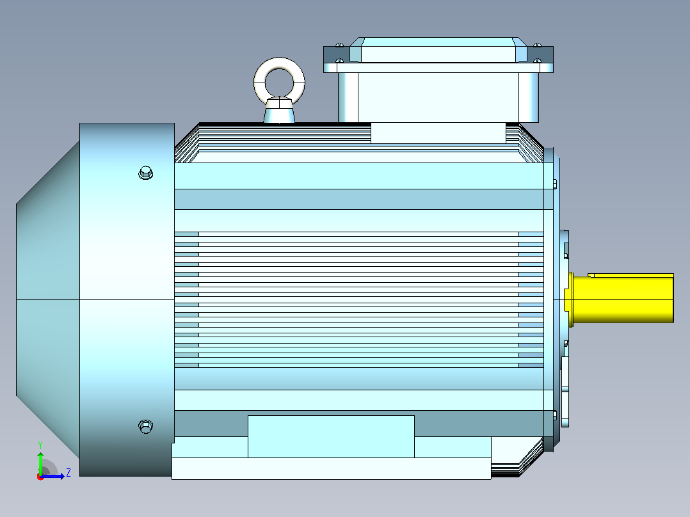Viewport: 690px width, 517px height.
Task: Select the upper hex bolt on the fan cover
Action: point(146,173)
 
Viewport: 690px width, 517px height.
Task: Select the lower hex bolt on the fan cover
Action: point(146,426)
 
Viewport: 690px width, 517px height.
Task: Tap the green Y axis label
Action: point(40,445)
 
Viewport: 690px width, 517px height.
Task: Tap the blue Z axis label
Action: point(68,473)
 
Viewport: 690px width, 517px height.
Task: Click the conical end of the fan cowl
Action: point(48,299)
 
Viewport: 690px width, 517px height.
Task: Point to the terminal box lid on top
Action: point(438,50)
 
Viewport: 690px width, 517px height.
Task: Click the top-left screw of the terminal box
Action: point(339,45)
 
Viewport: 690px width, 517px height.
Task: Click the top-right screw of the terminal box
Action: point(537,45)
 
